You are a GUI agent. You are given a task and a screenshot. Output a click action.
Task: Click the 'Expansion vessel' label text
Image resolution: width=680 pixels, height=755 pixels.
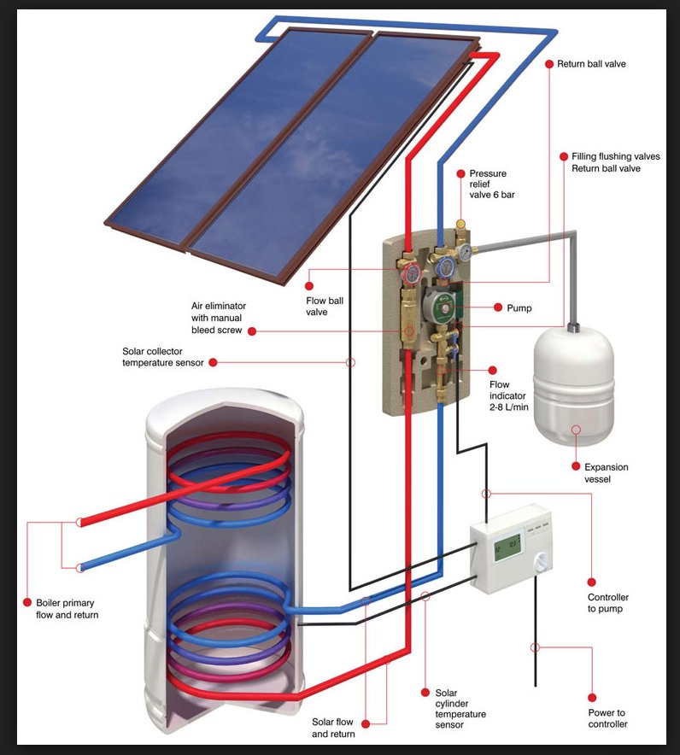pos(606,473)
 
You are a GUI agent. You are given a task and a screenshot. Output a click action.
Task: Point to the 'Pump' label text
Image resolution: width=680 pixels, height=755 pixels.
pos(519,307)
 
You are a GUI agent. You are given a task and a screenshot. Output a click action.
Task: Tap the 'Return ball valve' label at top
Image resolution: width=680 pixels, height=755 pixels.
pos(591,64)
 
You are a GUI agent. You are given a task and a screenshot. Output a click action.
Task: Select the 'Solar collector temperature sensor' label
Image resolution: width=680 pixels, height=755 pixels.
pos(163,357)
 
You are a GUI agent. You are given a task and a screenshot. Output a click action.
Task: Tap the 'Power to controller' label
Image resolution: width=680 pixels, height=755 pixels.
pos(607,718)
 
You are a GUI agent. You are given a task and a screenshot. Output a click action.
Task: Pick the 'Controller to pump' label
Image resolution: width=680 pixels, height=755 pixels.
pos(607,603)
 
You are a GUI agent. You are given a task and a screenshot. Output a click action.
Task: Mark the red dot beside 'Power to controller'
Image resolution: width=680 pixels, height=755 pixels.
pos(591,697)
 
